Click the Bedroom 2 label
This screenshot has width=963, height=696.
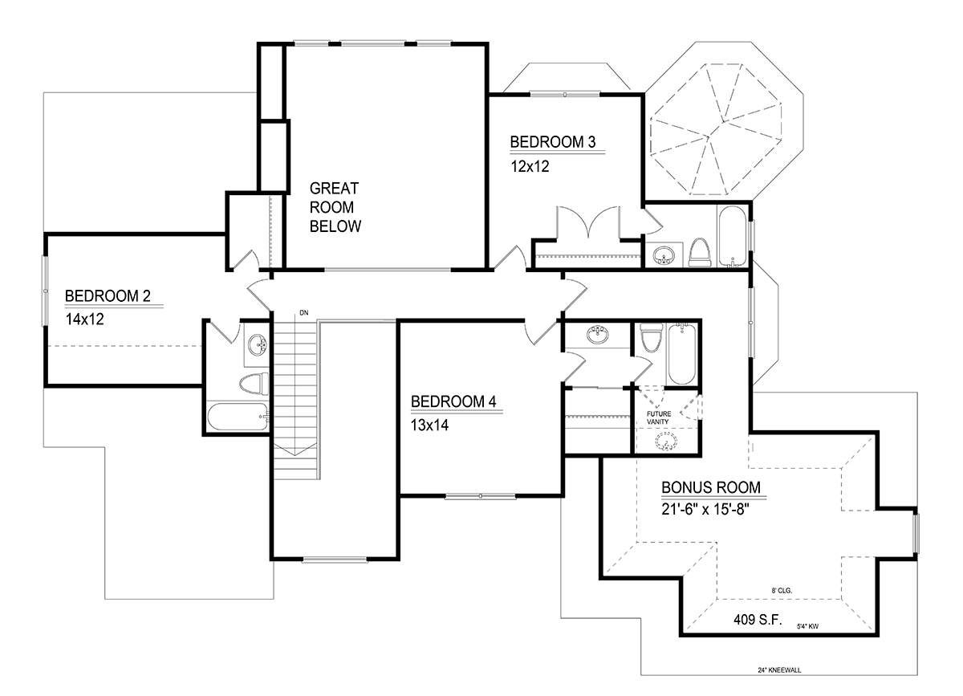pos(108,296)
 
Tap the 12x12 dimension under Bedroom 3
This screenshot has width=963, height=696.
pos(530,166)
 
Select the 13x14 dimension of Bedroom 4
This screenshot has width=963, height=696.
pos(429,425)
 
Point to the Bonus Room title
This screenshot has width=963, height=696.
pos(711,487)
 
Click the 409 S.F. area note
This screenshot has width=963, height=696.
pos(758,620)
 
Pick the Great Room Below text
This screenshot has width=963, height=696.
pos(335,207)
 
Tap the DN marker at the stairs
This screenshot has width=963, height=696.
pos(304,313)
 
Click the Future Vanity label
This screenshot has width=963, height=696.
pos(659,417)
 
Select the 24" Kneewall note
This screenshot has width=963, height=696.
pos(779,670)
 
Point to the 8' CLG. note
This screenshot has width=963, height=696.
pos(782,591)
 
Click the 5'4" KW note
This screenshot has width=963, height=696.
pos(808,626)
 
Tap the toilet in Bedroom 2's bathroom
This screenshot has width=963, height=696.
pos(254,384)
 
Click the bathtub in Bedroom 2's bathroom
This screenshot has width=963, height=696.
pos(238,417)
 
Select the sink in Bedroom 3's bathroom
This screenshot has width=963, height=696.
pos(664,255)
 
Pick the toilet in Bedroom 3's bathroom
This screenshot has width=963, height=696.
pos(700,253)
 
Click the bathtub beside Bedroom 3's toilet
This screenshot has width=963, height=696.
pos(733,237)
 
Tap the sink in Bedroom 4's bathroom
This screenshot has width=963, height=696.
pos(597,335)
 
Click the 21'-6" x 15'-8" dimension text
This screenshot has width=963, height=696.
pos(705,509)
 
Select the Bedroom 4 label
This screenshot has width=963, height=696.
pos(453,401)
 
